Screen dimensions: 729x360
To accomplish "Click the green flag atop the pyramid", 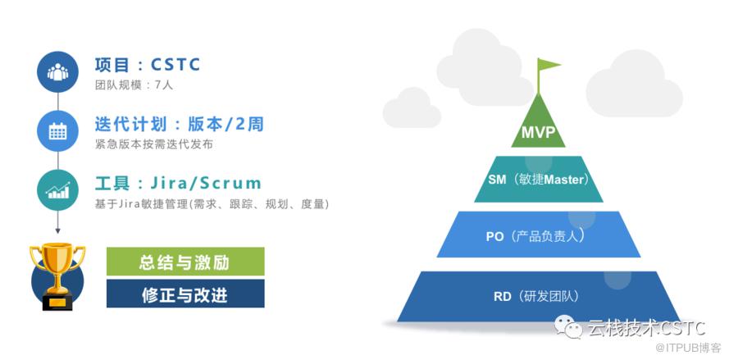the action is pyautogui.click(x=548, y=66).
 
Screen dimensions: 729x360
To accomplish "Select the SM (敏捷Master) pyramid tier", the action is pyautogui.click(x=539, y=179).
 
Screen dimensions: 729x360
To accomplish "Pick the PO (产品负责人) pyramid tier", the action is pyautogui.click(x=539, y=235).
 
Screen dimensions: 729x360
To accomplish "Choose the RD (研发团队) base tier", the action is pyautogui.click(x=539, y=296).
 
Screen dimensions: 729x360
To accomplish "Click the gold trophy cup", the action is pyautogui.click(x=57, y=276).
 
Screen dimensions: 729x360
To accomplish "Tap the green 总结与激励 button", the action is pyautogui.click(x=185, y=262).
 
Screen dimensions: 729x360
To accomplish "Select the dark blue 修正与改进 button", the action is pyautogui.click(x=185, y=294).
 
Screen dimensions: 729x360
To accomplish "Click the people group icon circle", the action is pyautogui.click(x=57, y=71).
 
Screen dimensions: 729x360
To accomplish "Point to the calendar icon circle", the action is pyautogui.click(x=57, y=131).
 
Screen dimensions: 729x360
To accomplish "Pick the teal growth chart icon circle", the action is pyautogui.click(x=57, y=189).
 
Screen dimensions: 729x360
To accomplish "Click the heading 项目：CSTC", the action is pyautogui.click(x=148, y=65).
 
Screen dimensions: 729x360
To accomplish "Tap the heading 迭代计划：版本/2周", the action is pyautogui.click(x=180, y=124).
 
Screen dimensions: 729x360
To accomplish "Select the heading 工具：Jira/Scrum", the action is pyautogui.click(x=178, y=183).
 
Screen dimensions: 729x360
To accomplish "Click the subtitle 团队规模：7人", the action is pyautogui.click(x=134, y=85).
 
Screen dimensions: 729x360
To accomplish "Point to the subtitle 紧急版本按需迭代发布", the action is pyautogui.click(x=154, y=144).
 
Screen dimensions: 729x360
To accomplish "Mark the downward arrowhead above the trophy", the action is pyautogui.click(x=57, y=230).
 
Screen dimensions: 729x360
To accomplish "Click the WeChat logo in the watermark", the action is pyautogui.click(x=567, y=328).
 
